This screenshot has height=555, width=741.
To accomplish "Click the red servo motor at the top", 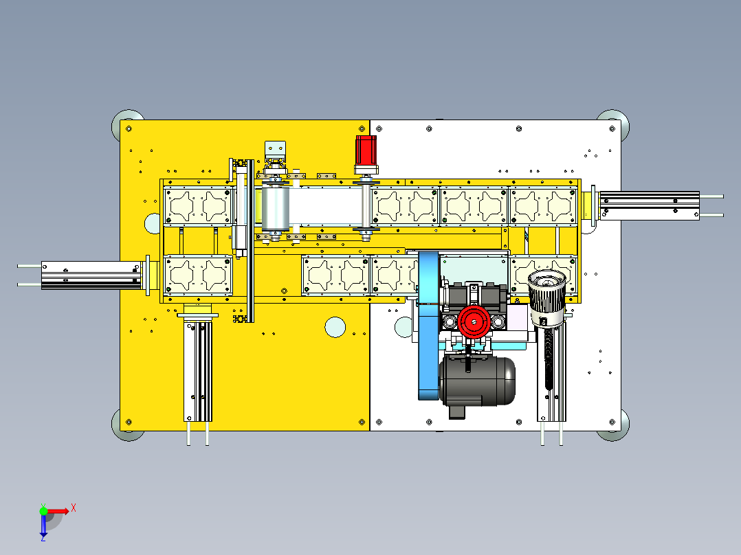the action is pyautogui.click(x=366, y=150).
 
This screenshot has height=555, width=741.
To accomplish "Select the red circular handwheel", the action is pyautogui.click(x=474, y=321).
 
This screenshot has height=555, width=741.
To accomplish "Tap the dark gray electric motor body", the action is pyautogui.click(x=477, y=381).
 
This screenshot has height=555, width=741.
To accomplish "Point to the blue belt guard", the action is pyautogui.click(x=429, y=326).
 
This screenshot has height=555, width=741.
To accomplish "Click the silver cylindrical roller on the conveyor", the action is pyautogui.click(x=275, y=208).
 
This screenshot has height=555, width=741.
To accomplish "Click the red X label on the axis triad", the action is pyautogui.click(x=74, y=508).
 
